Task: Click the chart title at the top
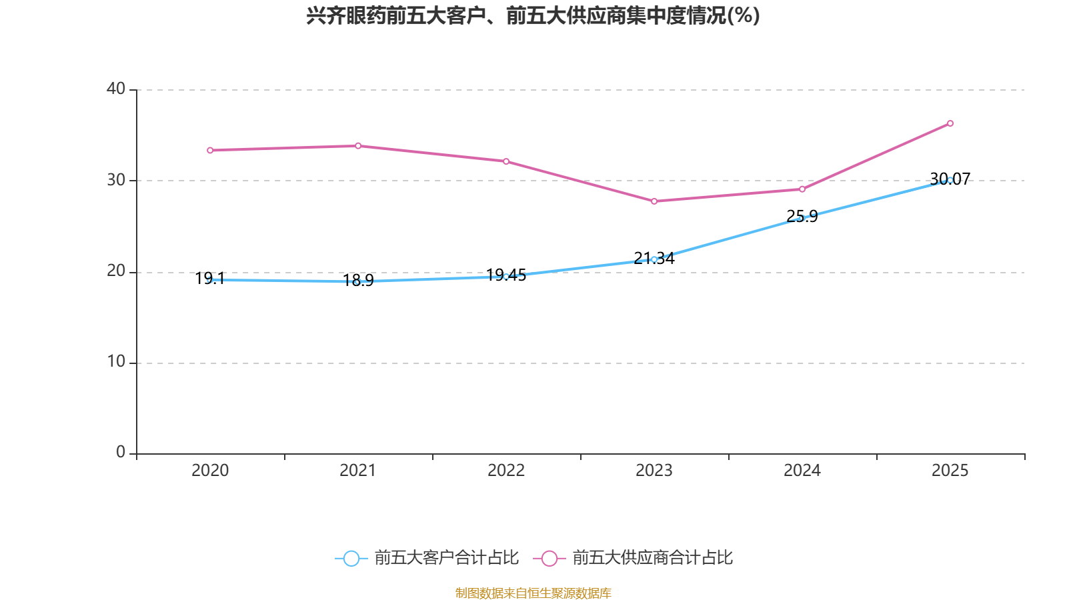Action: tap(533, 16)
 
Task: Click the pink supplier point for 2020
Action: tap(210, 151)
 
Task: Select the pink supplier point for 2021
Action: tap(358, 146)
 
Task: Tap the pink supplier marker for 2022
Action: tap(506, 161)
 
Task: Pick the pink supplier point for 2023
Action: tap(654, 201)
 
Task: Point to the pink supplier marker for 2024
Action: tap(802, 189)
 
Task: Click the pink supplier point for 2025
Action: tap(950, 123)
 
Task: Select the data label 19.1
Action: tap(210, 279)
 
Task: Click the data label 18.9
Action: tap(358, 280)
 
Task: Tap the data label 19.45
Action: tap(506, 275)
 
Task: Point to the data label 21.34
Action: tap(654, 259)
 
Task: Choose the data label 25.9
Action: tap(802, 217)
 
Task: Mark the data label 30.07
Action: tap(950, 179)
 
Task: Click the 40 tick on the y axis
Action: tap(116, 89)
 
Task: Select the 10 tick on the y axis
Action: tap(116, 362)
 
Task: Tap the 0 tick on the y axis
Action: tap(121, 453)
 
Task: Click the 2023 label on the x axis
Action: tap(654, 471)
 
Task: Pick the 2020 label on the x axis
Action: tap(210, 471)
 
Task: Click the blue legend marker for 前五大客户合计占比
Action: tap(351, 558)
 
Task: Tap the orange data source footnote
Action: tap(533, 593)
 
